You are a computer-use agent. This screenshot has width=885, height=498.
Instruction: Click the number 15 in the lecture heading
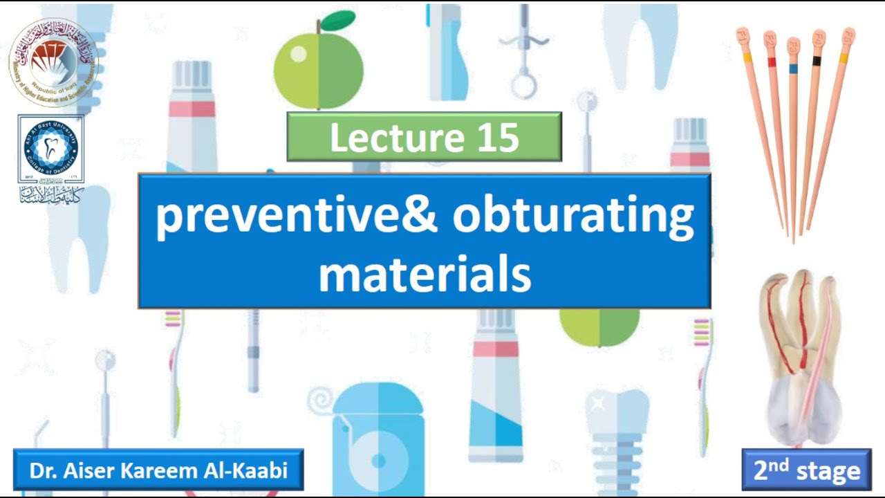pos(497,137)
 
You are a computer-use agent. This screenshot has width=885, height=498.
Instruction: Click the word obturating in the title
pos(573,216)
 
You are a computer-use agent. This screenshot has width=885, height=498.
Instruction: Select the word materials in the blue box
pos(425,274)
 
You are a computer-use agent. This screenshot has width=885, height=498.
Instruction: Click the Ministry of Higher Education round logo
pos(53,62)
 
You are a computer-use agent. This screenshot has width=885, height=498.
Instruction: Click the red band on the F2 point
pos(772,62)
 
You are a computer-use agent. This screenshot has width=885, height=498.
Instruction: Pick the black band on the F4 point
pos(817,62)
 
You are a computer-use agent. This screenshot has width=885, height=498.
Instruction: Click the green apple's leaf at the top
pos(338,21)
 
